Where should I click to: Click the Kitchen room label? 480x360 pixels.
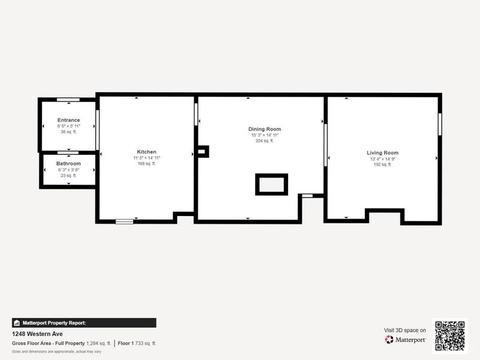tap(146, 152)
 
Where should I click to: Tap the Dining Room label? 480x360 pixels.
tap(265, 129)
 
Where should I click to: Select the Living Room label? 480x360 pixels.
tap(382, 153)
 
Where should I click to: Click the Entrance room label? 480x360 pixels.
tap(68, 120)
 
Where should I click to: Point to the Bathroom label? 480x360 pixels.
tap(68, 163)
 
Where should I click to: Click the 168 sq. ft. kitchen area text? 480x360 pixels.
tap(146, 164)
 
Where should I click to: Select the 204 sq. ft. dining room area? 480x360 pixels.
tap(265, 141)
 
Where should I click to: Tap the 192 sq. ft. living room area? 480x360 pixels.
tap(382, 164)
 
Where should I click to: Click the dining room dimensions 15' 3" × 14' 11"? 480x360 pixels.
tap(265, 135)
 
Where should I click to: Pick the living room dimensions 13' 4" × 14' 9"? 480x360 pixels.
tap(382, 159)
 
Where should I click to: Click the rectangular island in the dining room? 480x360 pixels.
tap(272, 184)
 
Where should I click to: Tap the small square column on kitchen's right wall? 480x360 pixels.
tap(202, 151)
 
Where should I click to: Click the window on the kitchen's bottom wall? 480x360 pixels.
tap(124, 221)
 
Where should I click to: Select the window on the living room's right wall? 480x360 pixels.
tap(439, 124)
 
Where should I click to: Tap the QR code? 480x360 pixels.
tap(450, 335)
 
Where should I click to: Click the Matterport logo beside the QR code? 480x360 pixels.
tap(406, 339)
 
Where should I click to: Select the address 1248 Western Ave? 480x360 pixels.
tap(37, 334)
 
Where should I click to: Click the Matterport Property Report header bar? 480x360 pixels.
tap(84, 323)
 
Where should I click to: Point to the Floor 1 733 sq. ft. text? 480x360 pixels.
tap(137, 343)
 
